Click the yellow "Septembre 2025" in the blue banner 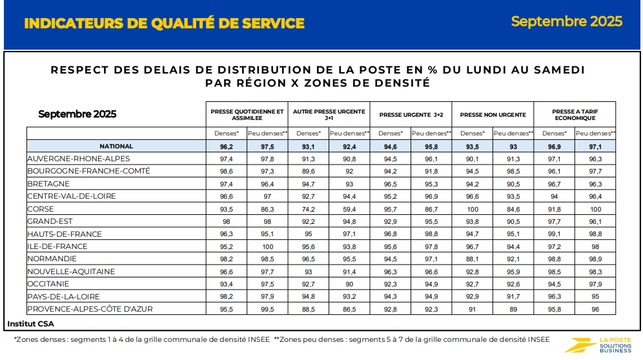pos(566,21)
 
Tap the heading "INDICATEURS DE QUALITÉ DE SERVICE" pos(164,24)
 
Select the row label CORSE pos(41,209)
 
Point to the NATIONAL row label pos(116,146)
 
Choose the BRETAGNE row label pos(49,184)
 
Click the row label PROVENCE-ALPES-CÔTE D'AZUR pos(90,309)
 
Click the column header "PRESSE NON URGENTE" pos(493,115)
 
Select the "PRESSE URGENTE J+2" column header pos(411,115)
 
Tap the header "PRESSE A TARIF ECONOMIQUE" pos(575,115)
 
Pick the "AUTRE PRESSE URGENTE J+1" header pos(329,115)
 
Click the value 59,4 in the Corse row pos(349,209)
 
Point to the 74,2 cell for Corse pos(309,209)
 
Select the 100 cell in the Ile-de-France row pos(267,246)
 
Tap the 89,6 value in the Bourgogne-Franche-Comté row pos(309,172)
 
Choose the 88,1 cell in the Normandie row pos(473,259)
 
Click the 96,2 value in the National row pos(227,146)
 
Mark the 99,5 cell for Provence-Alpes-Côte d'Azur pos(267,309)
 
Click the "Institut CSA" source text pos(30,323)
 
